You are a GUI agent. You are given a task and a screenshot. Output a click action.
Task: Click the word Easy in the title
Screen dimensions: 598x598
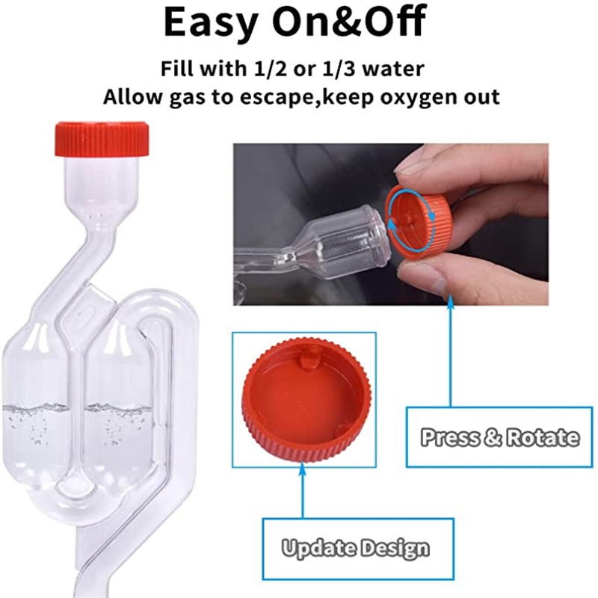[x=210, y=22]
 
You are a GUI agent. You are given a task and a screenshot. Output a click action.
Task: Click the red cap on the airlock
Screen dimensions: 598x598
[x=102, y=139]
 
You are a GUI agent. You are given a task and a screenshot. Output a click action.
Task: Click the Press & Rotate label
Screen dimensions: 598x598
[x=499, y=437]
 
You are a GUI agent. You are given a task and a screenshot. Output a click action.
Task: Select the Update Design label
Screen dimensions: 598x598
[x=355, y=549]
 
